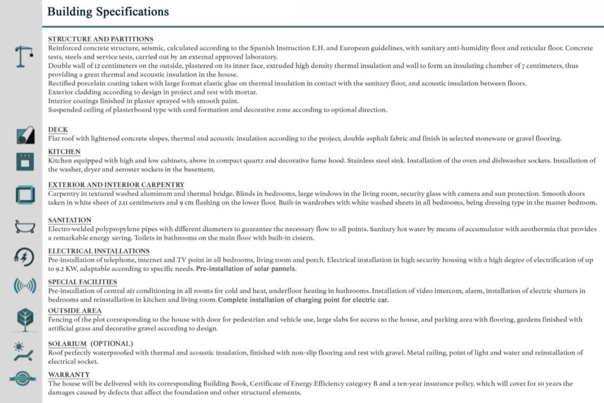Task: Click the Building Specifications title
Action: point(108,12)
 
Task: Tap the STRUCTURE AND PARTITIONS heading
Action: point(101,39)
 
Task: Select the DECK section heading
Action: point(58,129)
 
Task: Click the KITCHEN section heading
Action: point(64,152)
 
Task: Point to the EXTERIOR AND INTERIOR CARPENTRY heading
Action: point(116,184)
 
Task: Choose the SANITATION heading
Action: point(69,220)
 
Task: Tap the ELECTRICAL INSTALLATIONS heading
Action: point(99,251)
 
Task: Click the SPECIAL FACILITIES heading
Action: point(83,282)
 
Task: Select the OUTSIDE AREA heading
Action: point(74,310)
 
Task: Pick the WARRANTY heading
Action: point(69,374)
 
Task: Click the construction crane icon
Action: point(24,55)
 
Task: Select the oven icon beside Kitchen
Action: point(24,161)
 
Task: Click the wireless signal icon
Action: point(24,287)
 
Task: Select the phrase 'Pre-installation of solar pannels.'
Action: point(246,268)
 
